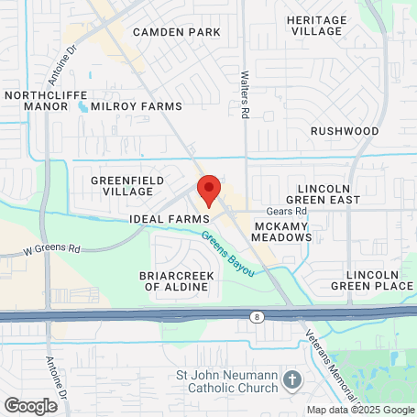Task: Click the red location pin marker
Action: coord(208,191)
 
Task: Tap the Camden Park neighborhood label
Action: coord(177,32)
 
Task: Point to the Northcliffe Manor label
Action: coord(37,100)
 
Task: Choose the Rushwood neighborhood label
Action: coord(344,131)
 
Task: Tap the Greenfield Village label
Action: coord(122,186)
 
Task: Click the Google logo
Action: coord(30,405)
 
